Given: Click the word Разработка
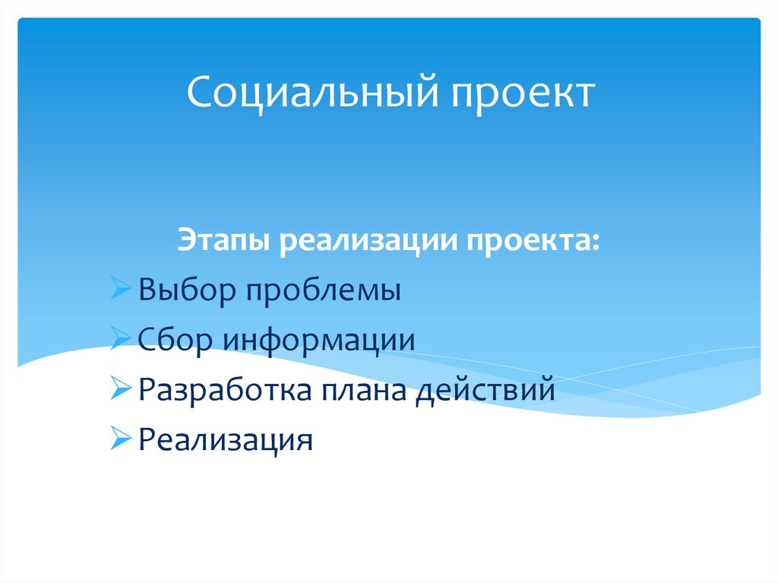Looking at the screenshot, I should point(226,391).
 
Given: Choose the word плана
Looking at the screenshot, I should point(362,391).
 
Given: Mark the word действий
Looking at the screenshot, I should point(485,391).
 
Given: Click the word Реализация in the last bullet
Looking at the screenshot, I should point(226,440).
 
